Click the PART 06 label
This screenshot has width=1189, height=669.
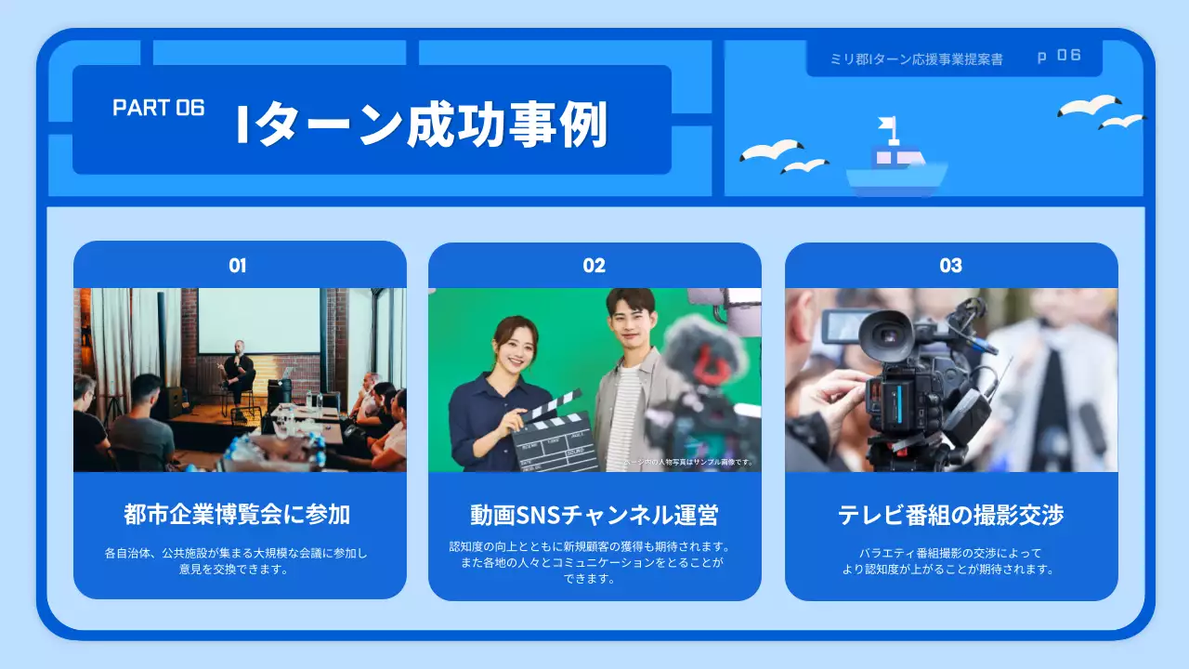coord(158,108)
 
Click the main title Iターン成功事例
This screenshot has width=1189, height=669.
coord(422,125)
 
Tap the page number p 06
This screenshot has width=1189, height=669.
coord(1059,56)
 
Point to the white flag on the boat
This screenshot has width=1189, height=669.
coord(887,124)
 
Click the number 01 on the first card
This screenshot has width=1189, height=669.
coord(238,266)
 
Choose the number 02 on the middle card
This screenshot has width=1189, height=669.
coord(594,266)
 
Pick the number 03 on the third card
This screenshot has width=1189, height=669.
coord(950,266)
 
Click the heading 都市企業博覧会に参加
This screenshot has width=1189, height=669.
coord(238,514)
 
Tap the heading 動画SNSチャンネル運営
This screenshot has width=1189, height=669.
coord(594,515)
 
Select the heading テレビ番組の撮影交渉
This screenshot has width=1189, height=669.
coord(950,515)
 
